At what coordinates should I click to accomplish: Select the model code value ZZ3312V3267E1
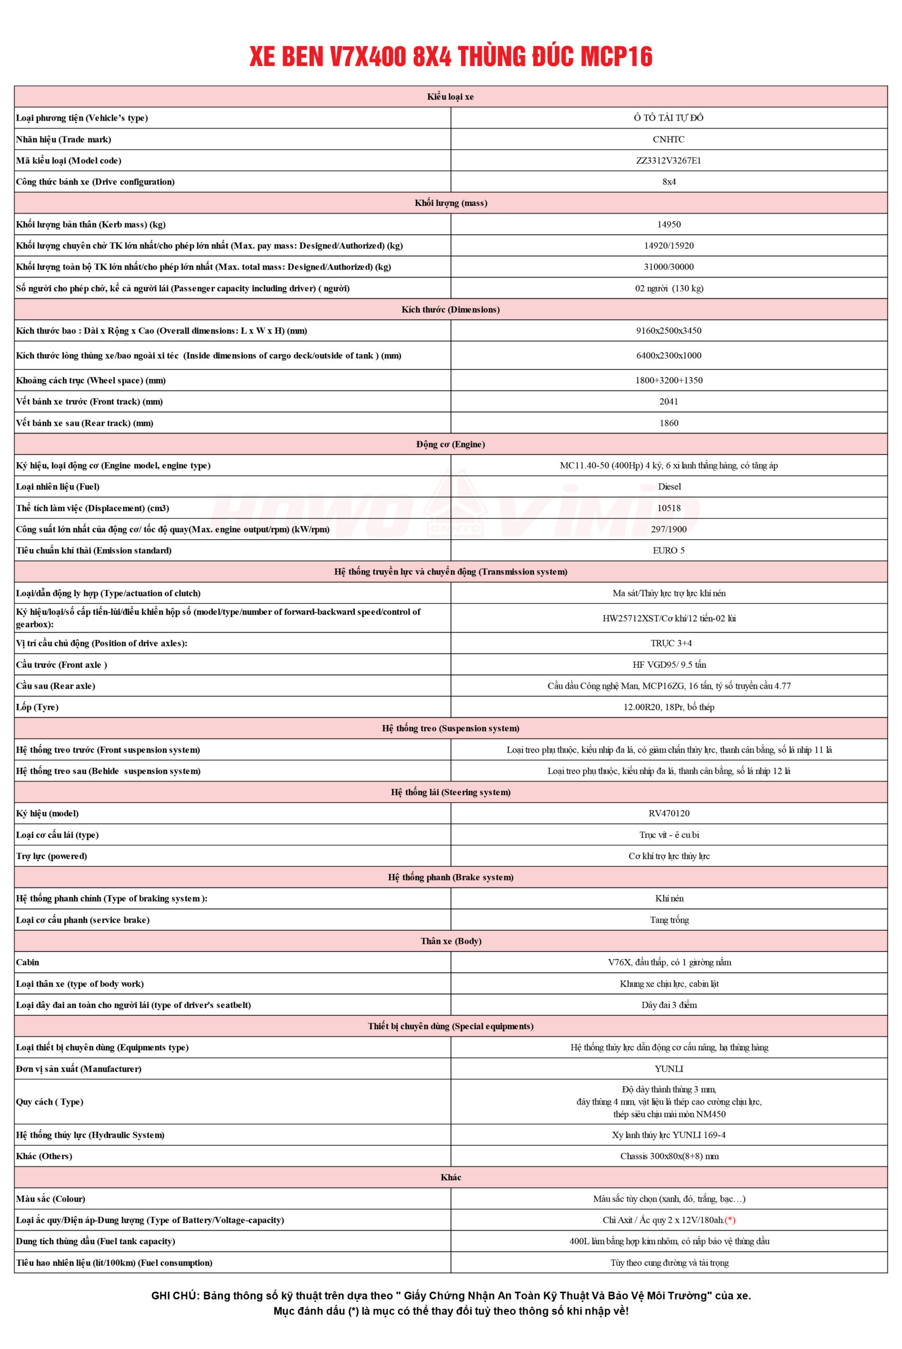tap(669, 161)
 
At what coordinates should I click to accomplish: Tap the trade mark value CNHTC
tap(669, 139)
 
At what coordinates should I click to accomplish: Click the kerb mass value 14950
tap(669, 224)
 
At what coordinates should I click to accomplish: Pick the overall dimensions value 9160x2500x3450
tap(669, 331)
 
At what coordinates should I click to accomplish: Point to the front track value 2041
tap(669, 402)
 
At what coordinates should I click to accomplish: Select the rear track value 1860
tap(669, 423)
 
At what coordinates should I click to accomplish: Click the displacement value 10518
tap(669, 508)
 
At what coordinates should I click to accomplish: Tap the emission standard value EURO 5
tap(669, 551)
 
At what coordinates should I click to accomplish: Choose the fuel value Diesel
tap(669, 487)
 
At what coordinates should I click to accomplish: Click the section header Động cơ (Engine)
tap(450, 444)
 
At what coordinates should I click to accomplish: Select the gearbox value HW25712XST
tap(631, 619)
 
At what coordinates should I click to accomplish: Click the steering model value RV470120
tap(669, 814)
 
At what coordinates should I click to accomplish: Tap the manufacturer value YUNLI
tap(669, 1069)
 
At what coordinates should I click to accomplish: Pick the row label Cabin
tap(27, 962)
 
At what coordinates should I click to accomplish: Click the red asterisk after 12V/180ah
tap(730, 1220)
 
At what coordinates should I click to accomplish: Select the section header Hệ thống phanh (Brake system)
tap(450, 877)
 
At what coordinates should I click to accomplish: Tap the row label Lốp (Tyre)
tap(37, 707)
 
